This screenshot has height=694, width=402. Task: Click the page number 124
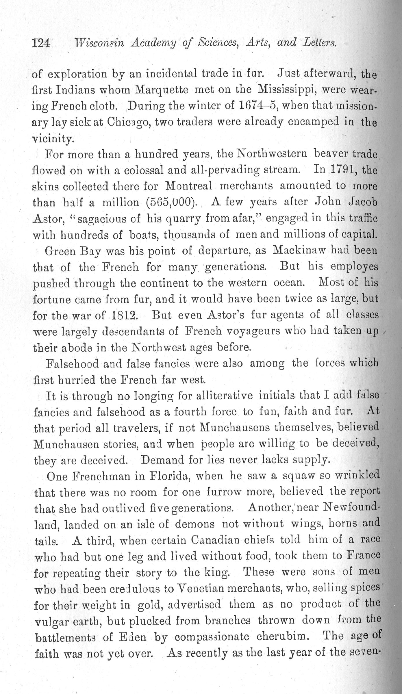41,43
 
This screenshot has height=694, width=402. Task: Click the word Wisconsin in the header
99,43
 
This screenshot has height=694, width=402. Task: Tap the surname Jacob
362,202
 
